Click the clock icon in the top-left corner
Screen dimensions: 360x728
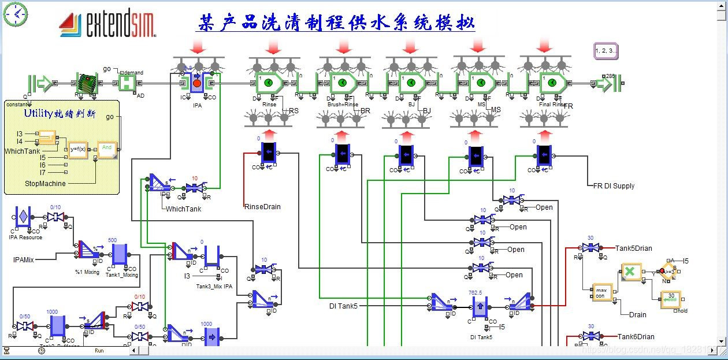[x=16, y=14]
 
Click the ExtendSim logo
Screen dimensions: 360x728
[x=107, y=24]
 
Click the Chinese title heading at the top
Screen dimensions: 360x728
[x=336, y=23]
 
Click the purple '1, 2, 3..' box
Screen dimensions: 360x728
[x=606, y=51]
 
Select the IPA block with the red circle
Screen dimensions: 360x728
[x=196, y=84]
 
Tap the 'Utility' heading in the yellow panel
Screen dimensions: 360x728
[x=60, y=113]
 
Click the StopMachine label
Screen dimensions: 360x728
[x=45, y=184]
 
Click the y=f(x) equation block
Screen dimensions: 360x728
[x=78, y=149]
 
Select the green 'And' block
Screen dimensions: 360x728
[x=107, y=150]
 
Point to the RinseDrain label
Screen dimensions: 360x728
[x=262, y=206]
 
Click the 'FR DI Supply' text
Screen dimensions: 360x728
[x=614, y=186]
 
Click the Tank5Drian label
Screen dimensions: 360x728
[x=633, y=248]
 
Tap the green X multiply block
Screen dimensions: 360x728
[x=631, y=272]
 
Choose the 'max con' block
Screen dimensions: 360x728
[x=601, y=292]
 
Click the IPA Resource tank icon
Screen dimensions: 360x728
[x=23, y=217]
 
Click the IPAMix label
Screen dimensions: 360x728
[x=24, y=260]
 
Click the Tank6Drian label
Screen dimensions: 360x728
[x=636, y=337]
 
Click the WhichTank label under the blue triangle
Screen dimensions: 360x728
[x=183, y=209]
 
